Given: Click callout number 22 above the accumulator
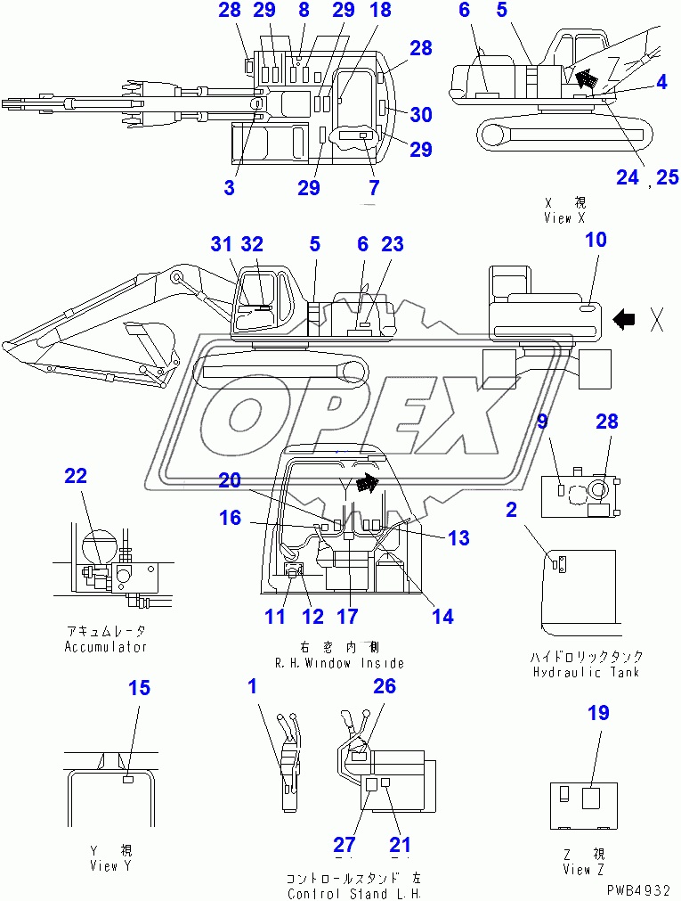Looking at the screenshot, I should [76, 476].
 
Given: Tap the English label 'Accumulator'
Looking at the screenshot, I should [105, 646].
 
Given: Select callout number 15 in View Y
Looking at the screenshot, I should [140, 688].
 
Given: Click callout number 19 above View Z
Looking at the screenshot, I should [599, 712].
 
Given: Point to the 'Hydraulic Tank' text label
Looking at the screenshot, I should [586, 672].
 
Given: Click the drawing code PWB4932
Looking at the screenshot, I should [640, 889].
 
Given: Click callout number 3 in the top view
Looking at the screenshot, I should [230, 187].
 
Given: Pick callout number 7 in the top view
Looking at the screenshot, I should [374, 187].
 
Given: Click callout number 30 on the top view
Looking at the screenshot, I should [420, 114].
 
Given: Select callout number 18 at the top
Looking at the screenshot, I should [380, 11].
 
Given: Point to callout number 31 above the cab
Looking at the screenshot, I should [223, 243].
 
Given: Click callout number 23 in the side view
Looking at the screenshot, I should [393, 243].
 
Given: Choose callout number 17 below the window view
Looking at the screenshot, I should [347, 616].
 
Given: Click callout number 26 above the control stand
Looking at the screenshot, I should [385, 686].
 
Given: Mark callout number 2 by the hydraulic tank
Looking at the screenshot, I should [511, 509].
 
